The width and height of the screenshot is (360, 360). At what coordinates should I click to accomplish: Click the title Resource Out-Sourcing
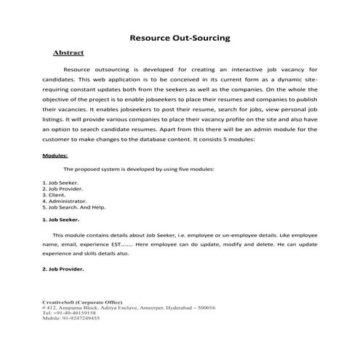pos(180,36)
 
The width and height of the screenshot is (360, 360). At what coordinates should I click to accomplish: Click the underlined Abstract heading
pos(68,53)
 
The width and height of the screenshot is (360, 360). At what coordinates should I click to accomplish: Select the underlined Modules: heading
pos(55,156)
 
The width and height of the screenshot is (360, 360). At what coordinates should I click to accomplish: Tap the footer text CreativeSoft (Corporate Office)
pos(82,301)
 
